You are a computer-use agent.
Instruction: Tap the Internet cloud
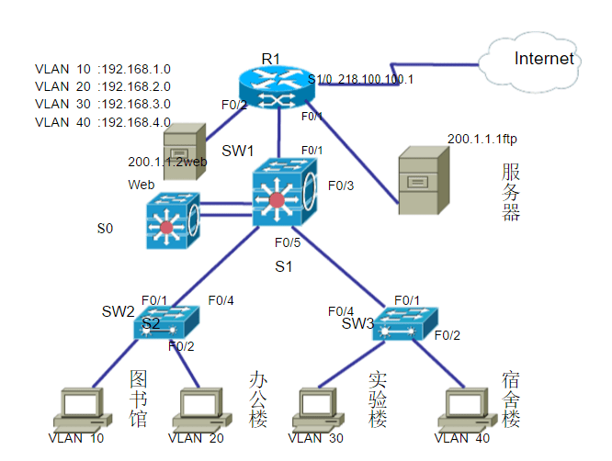[x=539, y=61]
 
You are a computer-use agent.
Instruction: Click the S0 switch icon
[x=172, y=220]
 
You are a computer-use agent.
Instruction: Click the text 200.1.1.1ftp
[x=483, y=139]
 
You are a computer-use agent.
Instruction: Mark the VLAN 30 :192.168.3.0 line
[x=102, y=104]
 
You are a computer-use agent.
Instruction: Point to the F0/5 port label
[x=289, y=243]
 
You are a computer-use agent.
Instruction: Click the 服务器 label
[x=512, y=191]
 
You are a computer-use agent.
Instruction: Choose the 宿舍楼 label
[x=512, y=399]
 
